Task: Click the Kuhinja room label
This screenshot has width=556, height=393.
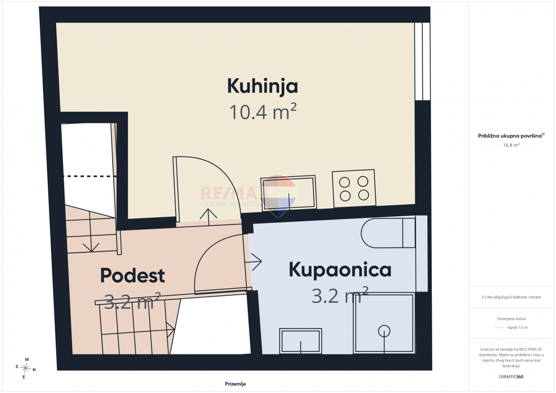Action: [x=262, y=86]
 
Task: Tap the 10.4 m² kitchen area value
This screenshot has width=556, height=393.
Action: [x=263, y=112]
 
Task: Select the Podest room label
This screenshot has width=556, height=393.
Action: [x=133, y=275]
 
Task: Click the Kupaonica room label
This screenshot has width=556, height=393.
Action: [x=340, y=269]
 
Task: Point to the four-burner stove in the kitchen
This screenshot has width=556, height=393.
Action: [x=354, y=188]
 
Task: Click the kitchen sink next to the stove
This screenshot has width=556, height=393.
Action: [x=288, y=193]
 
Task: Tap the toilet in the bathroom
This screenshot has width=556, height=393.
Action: [x=388, y=233]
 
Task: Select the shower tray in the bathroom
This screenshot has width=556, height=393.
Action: [x=384, y=323]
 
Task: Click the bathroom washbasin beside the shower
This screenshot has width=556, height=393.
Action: [x=301, y=341]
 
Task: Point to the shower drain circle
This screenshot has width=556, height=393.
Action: [x=384, y=331]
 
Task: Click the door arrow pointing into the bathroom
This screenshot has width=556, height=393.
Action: [x=253, y=262]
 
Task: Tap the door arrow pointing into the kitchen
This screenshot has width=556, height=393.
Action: [x=208, y=217]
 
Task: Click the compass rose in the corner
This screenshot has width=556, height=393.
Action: [x=25, y=368]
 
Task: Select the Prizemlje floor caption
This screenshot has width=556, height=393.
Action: [x=235, y=384]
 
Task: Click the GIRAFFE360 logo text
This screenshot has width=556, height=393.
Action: [x=511, y=377]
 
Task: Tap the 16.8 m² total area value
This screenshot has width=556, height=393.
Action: [x=511, y=145]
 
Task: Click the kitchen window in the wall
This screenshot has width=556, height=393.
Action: [x=422, y=62]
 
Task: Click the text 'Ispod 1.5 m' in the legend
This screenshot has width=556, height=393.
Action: [x=518, y=327]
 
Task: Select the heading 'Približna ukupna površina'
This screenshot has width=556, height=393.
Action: [x=510, y=136]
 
